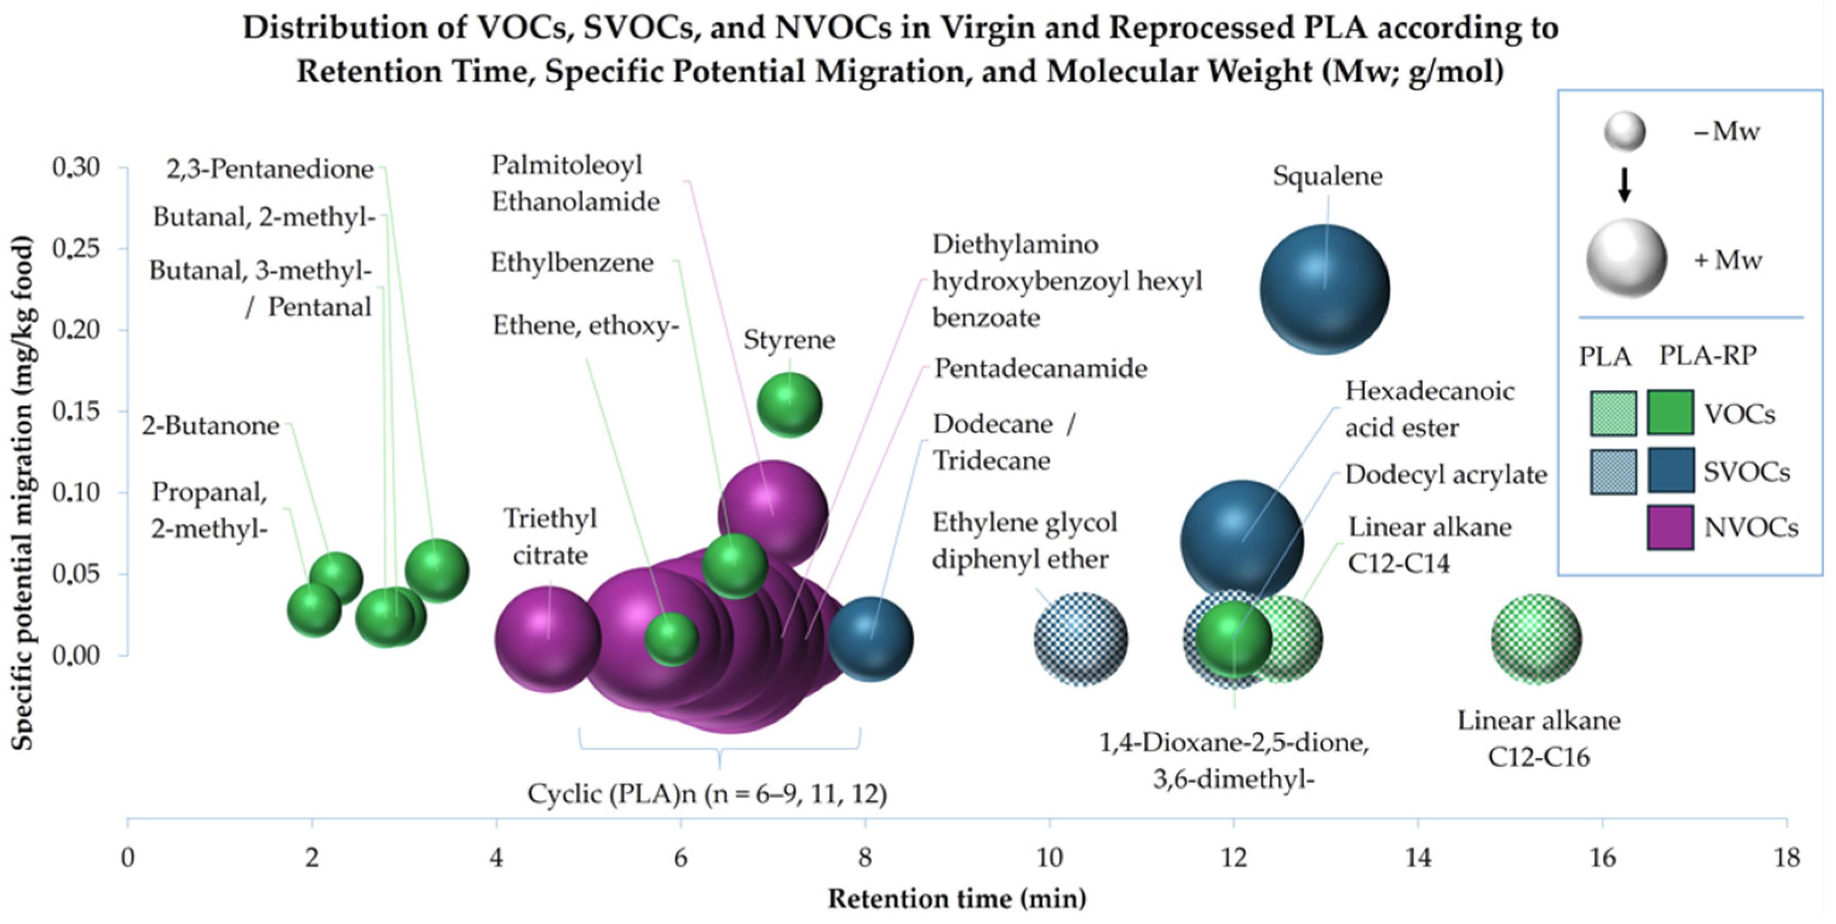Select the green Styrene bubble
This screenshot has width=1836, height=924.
789,405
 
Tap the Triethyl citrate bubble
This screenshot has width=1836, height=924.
547,638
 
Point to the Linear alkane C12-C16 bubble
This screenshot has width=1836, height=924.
1536,639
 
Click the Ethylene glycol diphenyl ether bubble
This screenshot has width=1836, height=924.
1081,639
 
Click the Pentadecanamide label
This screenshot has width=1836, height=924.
1040,368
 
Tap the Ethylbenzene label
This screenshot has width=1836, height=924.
572,263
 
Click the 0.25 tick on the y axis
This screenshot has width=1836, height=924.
75,249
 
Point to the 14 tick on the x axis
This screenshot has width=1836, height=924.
1418,857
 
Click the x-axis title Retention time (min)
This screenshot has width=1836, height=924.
957,898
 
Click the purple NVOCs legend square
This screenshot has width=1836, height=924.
1670,528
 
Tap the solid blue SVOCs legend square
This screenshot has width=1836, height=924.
1670,471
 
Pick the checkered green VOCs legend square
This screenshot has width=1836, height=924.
1613,413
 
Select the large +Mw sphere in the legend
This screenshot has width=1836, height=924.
1626,258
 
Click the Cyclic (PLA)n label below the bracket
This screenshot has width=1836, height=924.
707,794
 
